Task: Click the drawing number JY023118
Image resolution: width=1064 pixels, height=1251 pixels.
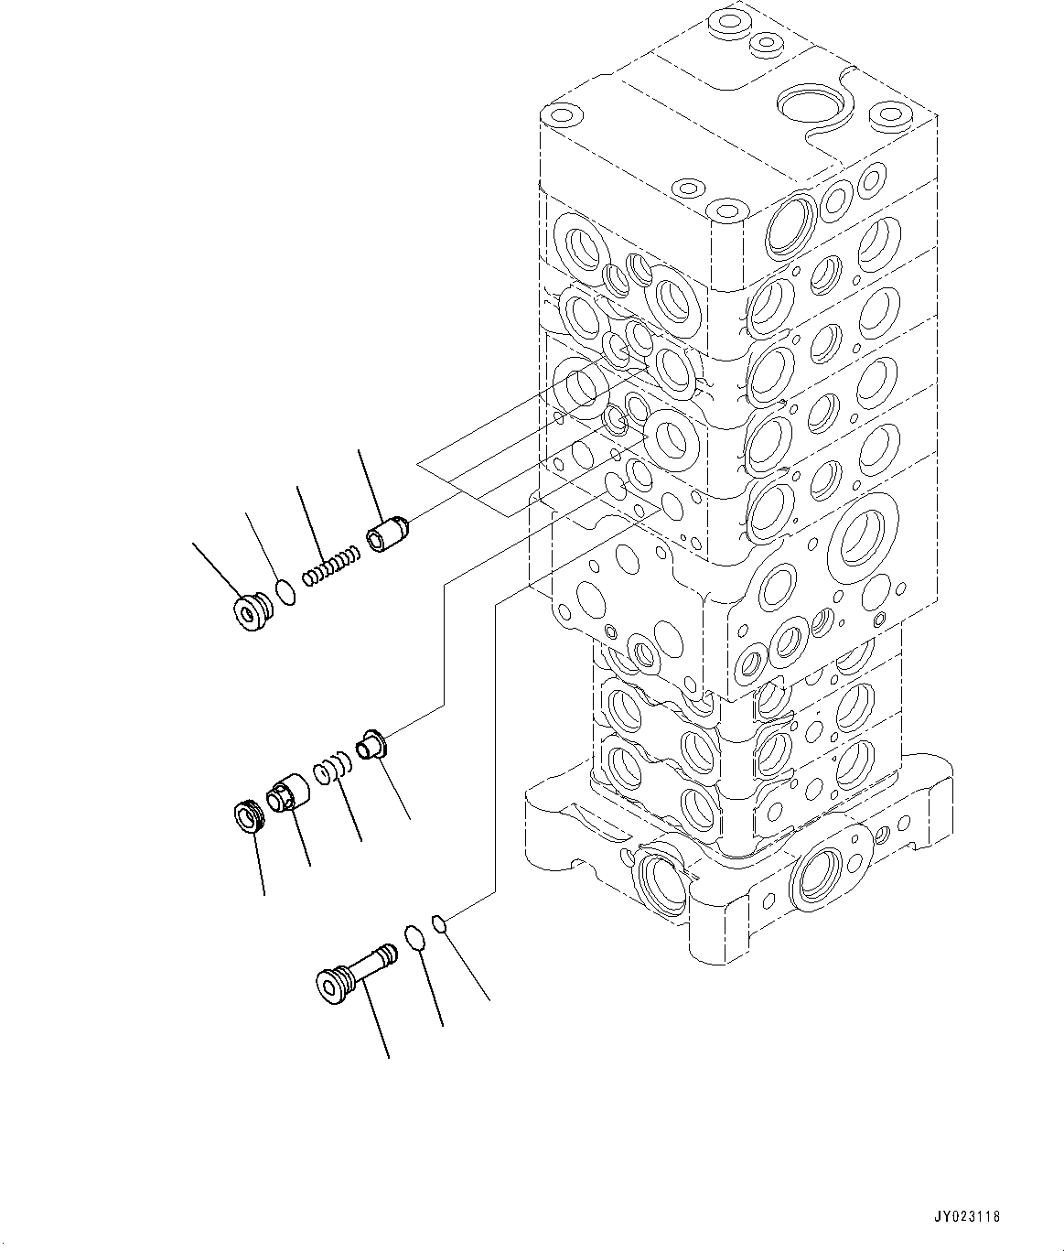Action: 969,1217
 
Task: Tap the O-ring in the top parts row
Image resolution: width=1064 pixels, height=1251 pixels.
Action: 285,592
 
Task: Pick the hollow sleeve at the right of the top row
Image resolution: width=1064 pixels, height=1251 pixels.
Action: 389,534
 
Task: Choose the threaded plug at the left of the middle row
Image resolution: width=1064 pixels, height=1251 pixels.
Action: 247,814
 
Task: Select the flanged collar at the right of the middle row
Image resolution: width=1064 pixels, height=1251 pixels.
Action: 373,743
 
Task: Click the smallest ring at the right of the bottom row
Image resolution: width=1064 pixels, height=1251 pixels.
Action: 439,922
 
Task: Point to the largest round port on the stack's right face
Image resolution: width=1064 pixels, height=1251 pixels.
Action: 860,535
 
